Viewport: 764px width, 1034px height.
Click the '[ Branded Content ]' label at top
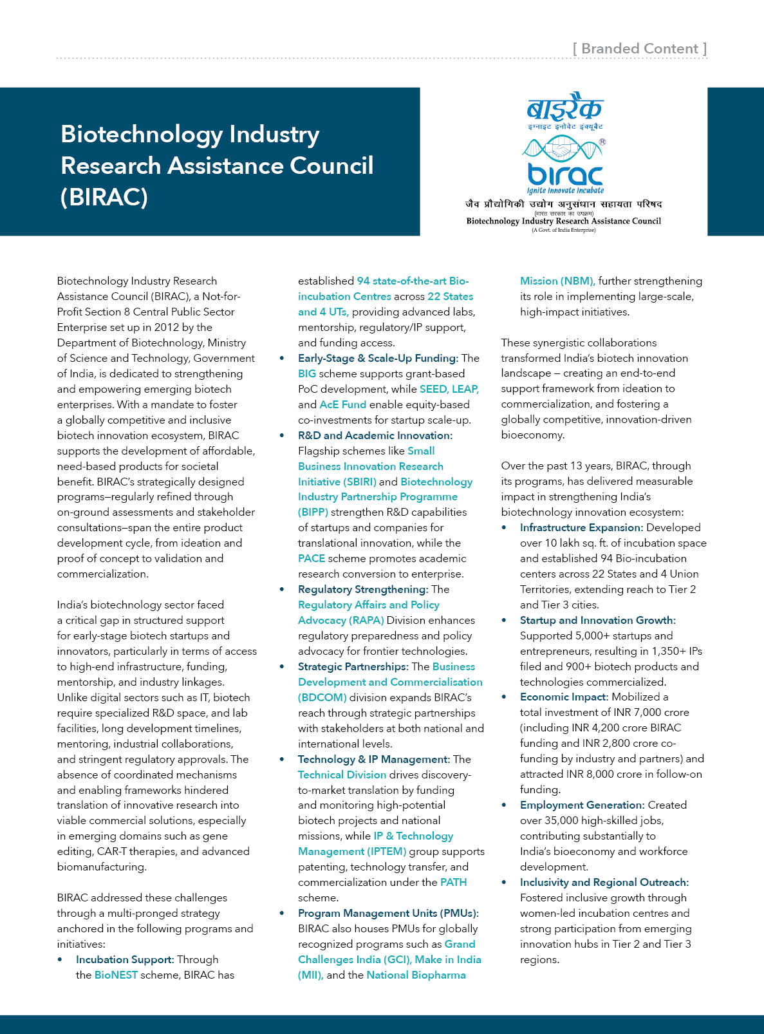pos(640,49)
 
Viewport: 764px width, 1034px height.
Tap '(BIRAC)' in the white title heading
pos(104,197)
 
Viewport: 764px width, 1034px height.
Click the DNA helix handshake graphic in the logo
pos(563,149)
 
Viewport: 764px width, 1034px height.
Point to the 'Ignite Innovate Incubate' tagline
pos(565,191)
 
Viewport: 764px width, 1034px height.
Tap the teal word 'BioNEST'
pos(116,975)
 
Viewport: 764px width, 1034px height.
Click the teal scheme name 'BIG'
pos(307,373)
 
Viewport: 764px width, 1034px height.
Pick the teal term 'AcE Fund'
pos(342,404)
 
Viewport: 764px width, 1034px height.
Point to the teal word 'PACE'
pos(312,558)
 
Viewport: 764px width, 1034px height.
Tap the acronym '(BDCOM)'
pos(322,697)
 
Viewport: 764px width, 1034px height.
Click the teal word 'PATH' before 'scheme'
pos(453,882)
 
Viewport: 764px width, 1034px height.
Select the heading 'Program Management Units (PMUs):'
pos(388,913)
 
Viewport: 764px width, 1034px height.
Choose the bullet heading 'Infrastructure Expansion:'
pos(581,527)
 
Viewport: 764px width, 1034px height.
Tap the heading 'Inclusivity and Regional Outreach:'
pos(604,882)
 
